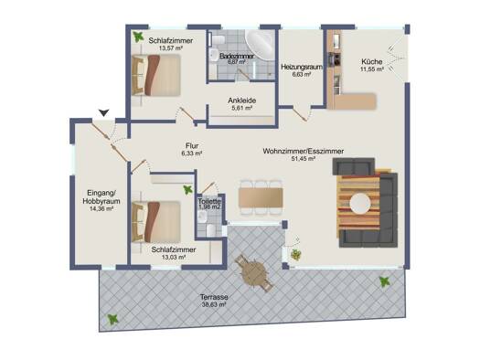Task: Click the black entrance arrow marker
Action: pos(104,112)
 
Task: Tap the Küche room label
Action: pos(371,62)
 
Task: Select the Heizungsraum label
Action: pos(302,67)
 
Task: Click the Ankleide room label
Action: pos(242,101)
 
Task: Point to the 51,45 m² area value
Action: pos(303,158)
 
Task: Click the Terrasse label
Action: pos(214,297)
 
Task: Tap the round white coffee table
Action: pos(360,203)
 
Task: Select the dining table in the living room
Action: pos(261,197)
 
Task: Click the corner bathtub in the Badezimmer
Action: pos(260,44)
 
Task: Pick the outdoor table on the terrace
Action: pos(254,272)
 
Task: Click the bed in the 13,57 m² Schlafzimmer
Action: pos(156,75)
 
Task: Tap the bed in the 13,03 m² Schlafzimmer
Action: pos(156,221)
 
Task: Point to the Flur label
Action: pos(192,146)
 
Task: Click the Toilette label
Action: pos(209,202)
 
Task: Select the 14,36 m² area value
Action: pos(101,209)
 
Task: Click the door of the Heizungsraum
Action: pos(300,113)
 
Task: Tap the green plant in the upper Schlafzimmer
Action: pos(138,37)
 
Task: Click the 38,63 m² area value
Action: pos(214,304)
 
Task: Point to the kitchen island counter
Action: pos(355,101)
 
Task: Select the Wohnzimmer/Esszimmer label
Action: pos(303,151)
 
